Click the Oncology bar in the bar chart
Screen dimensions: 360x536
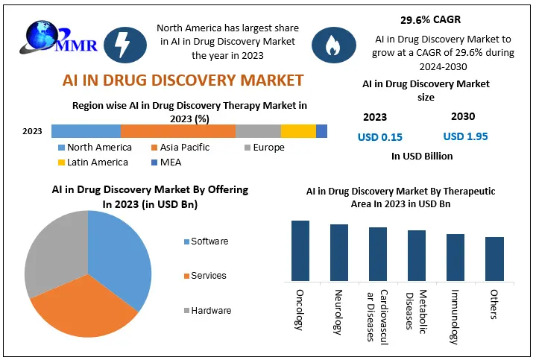[300, 250]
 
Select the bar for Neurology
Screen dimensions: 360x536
[339, 253]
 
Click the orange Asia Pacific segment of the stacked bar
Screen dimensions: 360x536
[177, 131]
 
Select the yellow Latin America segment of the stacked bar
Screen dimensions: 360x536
[298, 131]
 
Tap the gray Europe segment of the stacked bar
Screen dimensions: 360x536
[258, 131]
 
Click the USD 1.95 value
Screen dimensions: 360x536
[465, 136]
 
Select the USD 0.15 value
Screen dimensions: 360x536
[380, 137]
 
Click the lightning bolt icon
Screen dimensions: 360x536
[120, 44]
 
